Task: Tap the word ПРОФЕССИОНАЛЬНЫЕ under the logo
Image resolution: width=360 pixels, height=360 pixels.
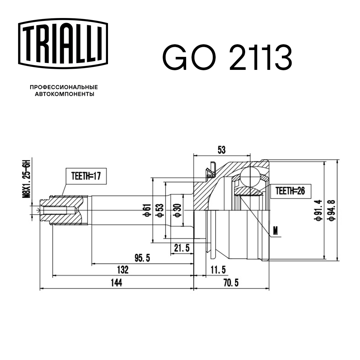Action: (x=64, y=87)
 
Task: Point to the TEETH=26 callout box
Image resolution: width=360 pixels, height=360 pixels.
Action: (x=290, y=191)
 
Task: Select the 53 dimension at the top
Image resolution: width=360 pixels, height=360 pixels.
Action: (x=222, y=150)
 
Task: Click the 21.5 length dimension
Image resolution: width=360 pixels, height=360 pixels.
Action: (x=181, y=248)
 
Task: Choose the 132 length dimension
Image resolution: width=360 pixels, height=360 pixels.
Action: (x=122, y=270)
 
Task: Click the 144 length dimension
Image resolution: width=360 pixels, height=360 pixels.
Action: (x=116, y=283)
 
